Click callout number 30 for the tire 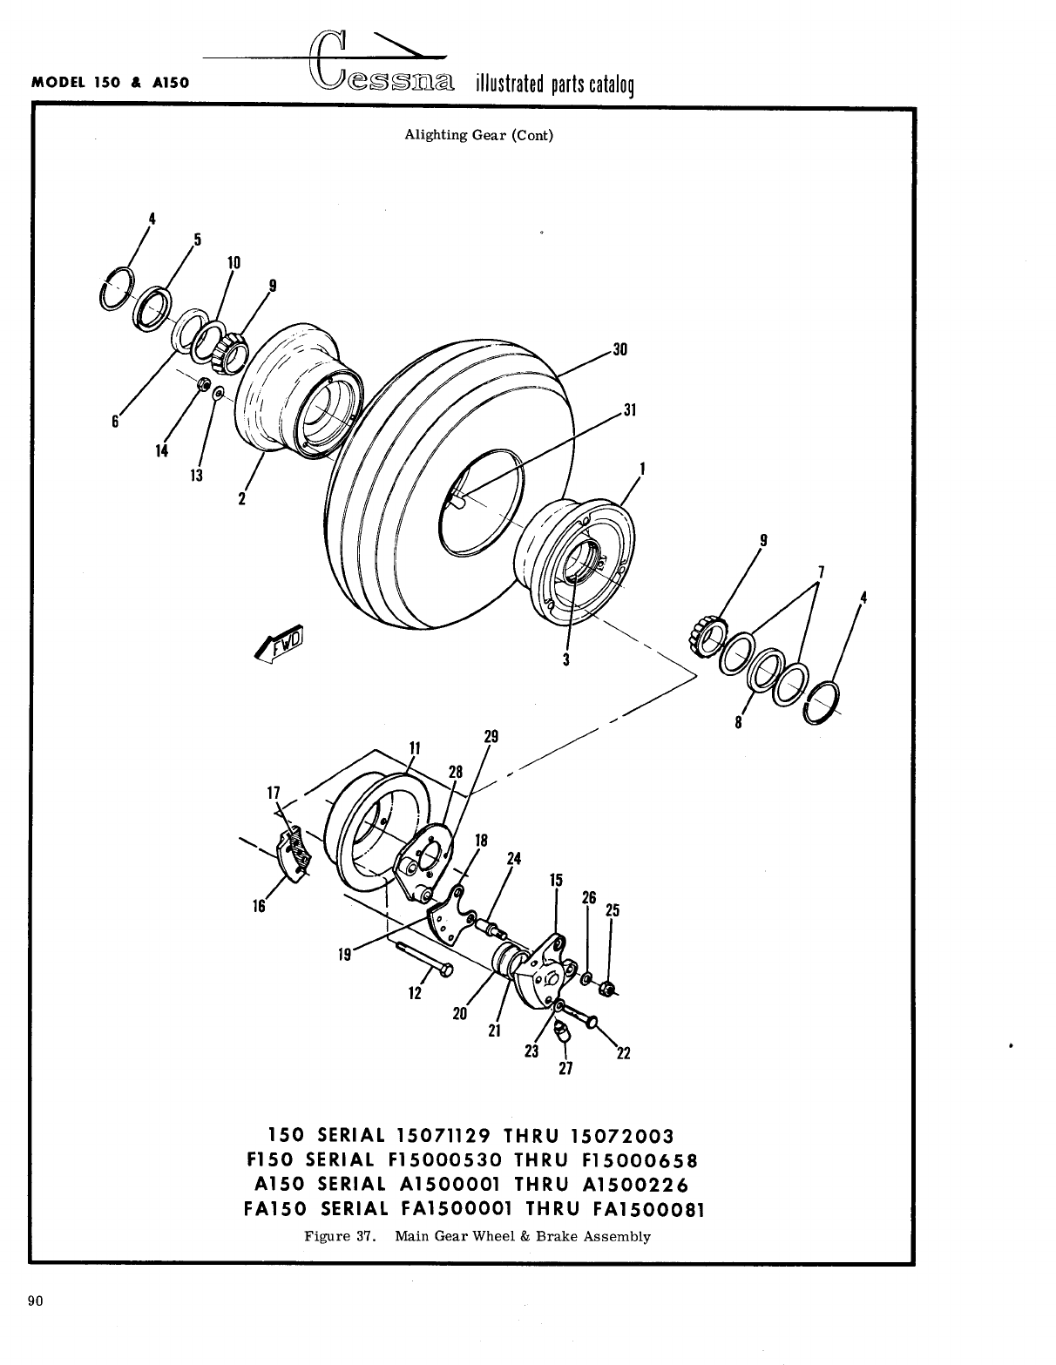click(x=619, y=350)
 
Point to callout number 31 click(x=632, y=410)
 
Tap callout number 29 click(x=491, y=737)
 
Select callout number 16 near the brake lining click(x=259, y=906)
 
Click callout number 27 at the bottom click(x=565, y=1068)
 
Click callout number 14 click(x=162, y=450)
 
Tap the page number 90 click(x=36, y=1301)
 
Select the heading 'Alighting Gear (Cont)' click(x=478, y=135)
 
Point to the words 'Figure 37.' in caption click(x=339, y=1236)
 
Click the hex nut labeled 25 click(x=609, y=988)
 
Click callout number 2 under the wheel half click(x=242, y=499)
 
